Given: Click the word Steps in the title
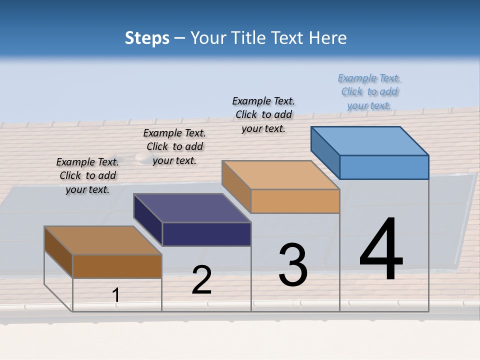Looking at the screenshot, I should pyautogui.click(x=147, y=38).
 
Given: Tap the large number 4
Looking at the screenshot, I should pyautogui.click(x=381, y=249).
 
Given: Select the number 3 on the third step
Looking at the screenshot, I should pyautogui.click(x=292, y=265).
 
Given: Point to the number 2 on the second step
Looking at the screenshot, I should pyautogui.click(x=201, y=280).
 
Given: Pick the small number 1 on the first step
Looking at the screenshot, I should pyautogui.click(x=116, y=295).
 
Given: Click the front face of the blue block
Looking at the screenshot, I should pyautogui.click(x=384, y=167).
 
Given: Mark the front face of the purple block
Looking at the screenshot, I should pyautogui.click(x=206, y=234).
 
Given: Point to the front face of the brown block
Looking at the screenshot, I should pyautogui.click(x=117, y=266).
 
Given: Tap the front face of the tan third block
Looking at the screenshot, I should pyautogui.click(x=295, y=201).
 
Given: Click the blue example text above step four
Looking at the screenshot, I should pyautogui.click(x=369, y=91).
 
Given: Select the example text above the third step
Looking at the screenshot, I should pyautogui.click(x=263, y=114).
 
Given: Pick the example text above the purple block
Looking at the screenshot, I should pyautogui.click(x=174, y=146).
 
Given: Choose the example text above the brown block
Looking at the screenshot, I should pyautogui.click(x=87, y=175).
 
